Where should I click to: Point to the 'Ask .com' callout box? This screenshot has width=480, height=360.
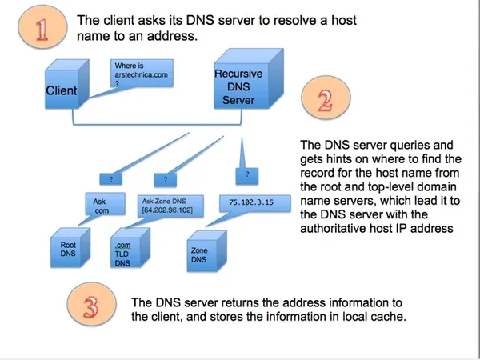click(95, 205)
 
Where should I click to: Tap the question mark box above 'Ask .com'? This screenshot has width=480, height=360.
click(111, 180)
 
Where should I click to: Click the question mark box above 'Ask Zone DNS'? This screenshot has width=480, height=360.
click(164, 180)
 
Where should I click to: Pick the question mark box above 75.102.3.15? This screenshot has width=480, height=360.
click(248, 172)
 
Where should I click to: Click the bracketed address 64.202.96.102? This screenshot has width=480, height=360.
click(170, 211)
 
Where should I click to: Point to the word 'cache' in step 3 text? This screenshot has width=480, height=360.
click(388, 316)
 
